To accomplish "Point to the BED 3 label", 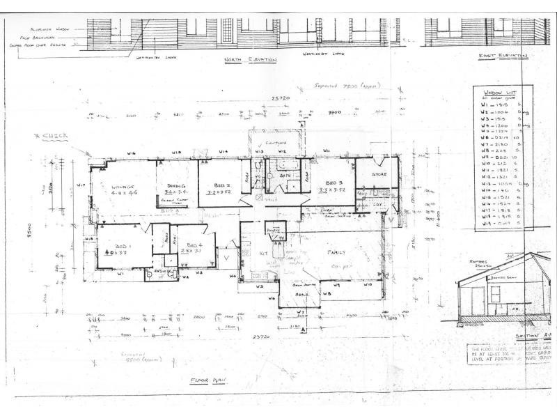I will click(x=327, y=180).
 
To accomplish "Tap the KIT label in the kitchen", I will click(x=264, y=253).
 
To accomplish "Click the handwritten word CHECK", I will click(x=54, y=137).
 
